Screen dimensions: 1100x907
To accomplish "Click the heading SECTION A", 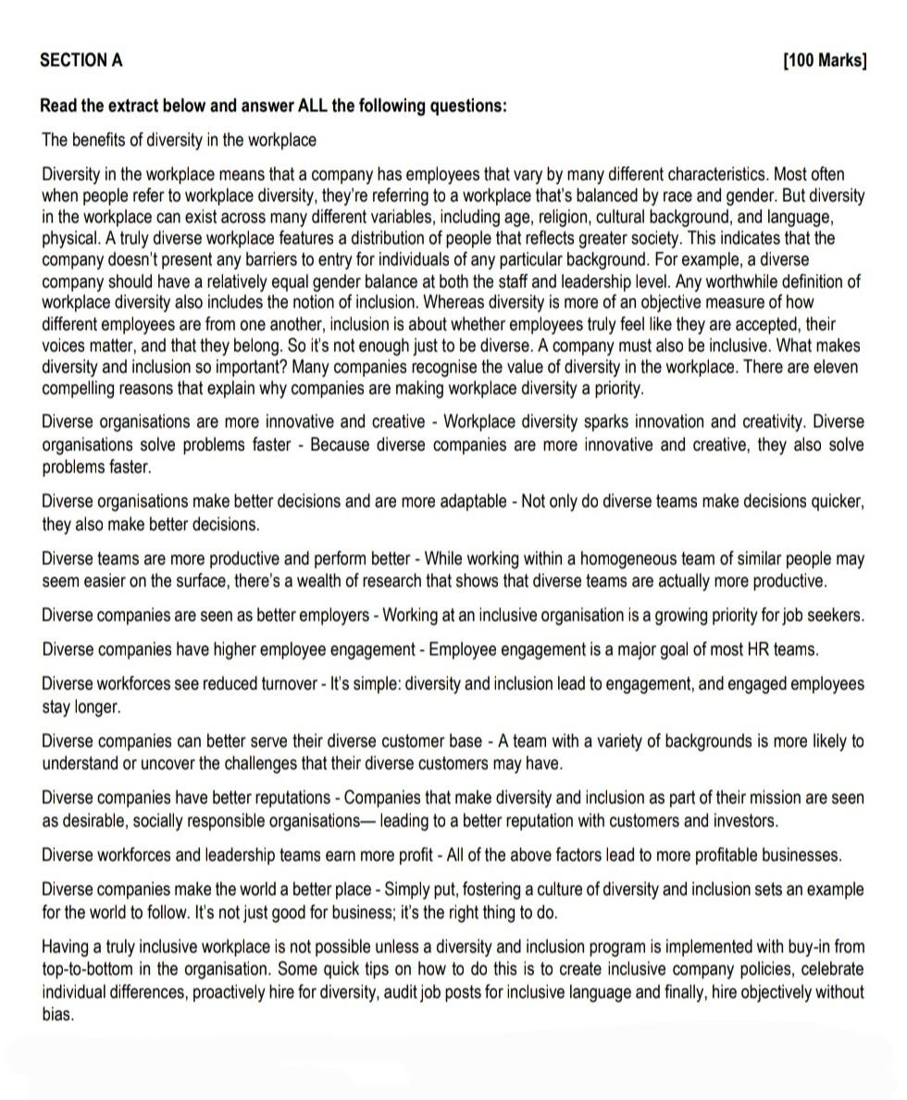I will (81, 61).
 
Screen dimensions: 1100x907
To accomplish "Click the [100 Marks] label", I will (825, 61).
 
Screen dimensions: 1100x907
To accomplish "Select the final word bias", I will (57, 1015).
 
